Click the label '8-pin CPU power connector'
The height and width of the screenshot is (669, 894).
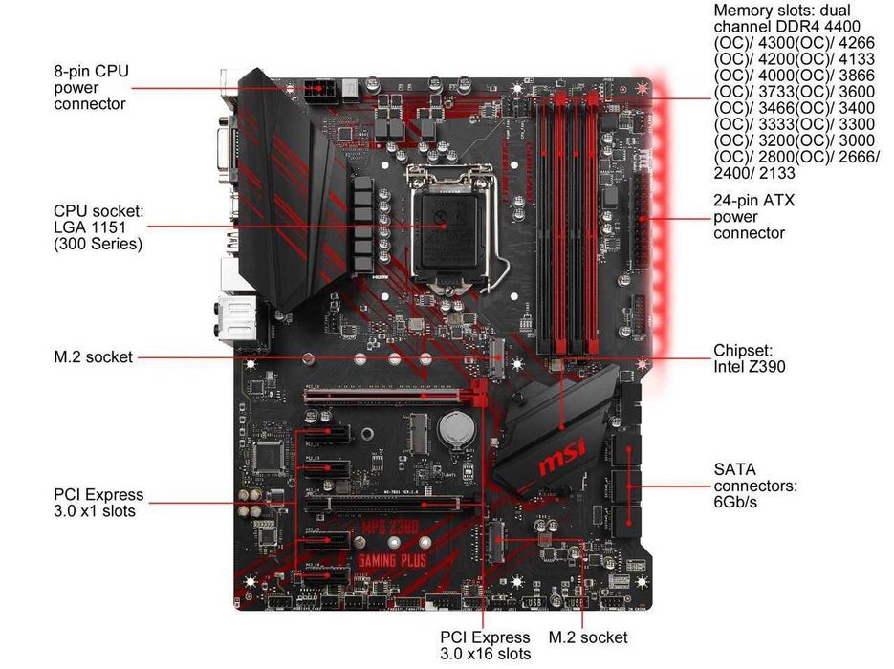[x=91, y=87]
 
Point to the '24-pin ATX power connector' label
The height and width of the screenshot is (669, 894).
[x=753, y=217]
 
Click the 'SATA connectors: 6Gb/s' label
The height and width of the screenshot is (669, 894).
[x=754, y=486]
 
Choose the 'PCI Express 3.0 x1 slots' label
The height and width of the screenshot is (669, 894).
[x=98, y=503]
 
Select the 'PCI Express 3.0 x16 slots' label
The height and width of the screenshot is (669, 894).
[x=484, y=645]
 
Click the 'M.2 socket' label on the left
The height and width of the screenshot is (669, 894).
[x=93, y=357]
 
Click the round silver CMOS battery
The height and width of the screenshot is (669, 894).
[x=453, y=428]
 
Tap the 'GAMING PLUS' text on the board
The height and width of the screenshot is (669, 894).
[x=392, y=560]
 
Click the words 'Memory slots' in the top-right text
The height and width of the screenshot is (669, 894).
[x=752, y=10]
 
